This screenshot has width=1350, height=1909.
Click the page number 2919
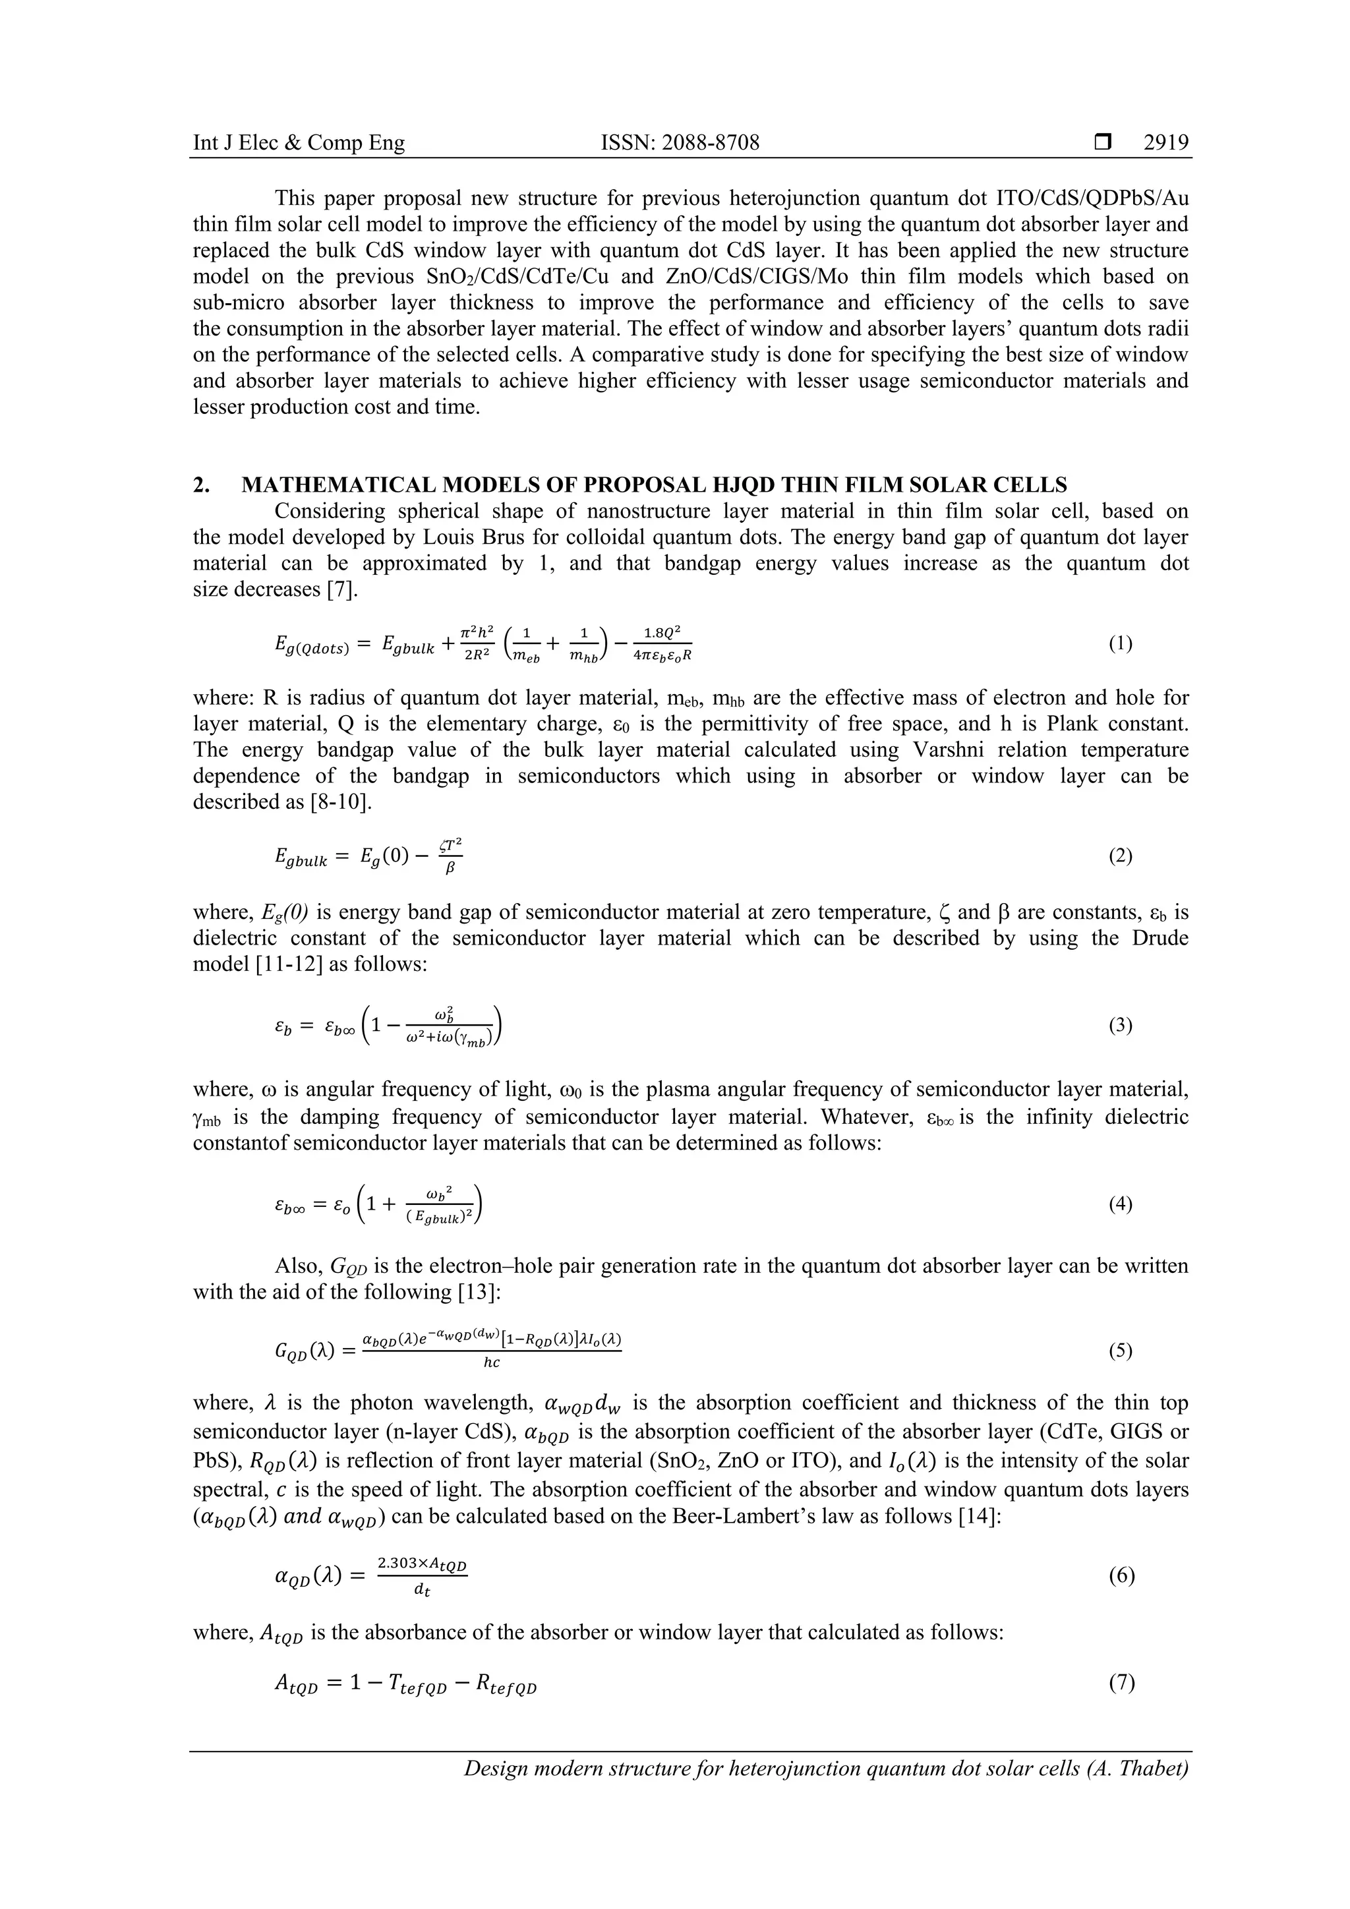click(x=1165, y=143)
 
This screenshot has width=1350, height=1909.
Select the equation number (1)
click(x=1120, y=645)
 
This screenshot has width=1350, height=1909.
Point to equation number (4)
click(x=1120, y=1203)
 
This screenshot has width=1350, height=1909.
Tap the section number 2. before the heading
click(x=202, y=485)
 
